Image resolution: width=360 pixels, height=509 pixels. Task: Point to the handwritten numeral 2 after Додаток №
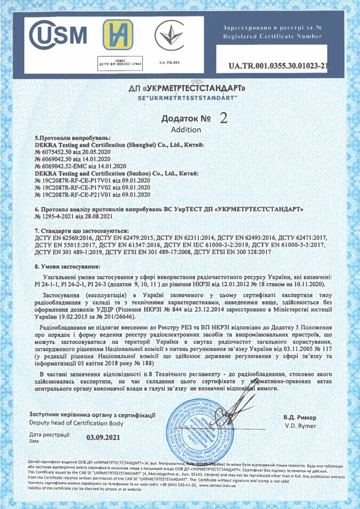pos(223,118)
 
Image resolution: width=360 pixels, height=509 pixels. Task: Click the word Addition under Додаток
pos(186,130)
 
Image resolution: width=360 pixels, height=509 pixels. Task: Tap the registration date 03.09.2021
pos(103,438)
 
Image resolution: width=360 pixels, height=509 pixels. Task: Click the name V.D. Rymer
pos(297,426)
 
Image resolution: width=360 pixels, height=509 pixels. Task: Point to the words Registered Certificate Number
pos(272,36)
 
